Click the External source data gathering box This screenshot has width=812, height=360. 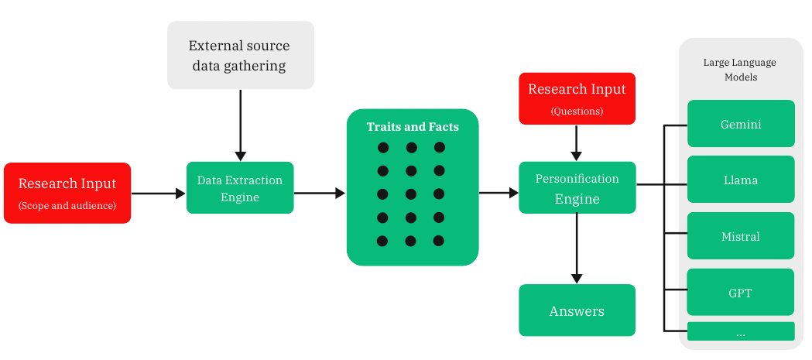(240, 55)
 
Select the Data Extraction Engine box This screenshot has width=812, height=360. (240, 187)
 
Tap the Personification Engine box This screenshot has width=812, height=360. (577, 187)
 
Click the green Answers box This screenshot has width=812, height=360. (577, 310)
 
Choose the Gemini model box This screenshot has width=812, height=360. (741, 124)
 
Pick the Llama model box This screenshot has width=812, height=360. (741, 179)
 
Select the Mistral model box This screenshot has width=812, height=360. (741, 235)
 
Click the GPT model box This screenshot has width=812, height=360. (741, 292)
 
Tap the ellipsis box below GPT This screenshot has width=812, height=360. (741, 331)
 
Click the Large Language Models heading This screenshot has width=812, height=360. (739, 70)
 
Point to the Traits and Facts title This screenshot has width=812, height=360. (413, 127)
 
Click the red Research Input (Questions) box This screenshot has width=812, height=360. (577, 98)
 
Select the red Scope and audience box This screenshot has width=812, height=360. (67, 193)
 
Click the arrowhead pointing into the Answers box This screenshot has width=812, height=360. (577, 278)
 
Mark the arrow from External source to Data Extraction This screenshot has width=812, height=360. (240, 125)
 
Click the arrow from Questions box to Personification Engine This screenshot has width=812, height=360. (577, 143)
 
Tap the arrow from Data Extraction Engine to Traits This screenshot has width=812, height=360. (320, 194)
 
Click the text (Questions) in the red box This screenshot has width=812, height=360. (577, 111)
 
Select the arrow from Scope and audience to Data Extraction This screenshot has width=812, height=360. (159, 194)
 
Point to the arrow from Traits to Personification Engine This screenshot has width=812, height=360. (499, 193)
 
